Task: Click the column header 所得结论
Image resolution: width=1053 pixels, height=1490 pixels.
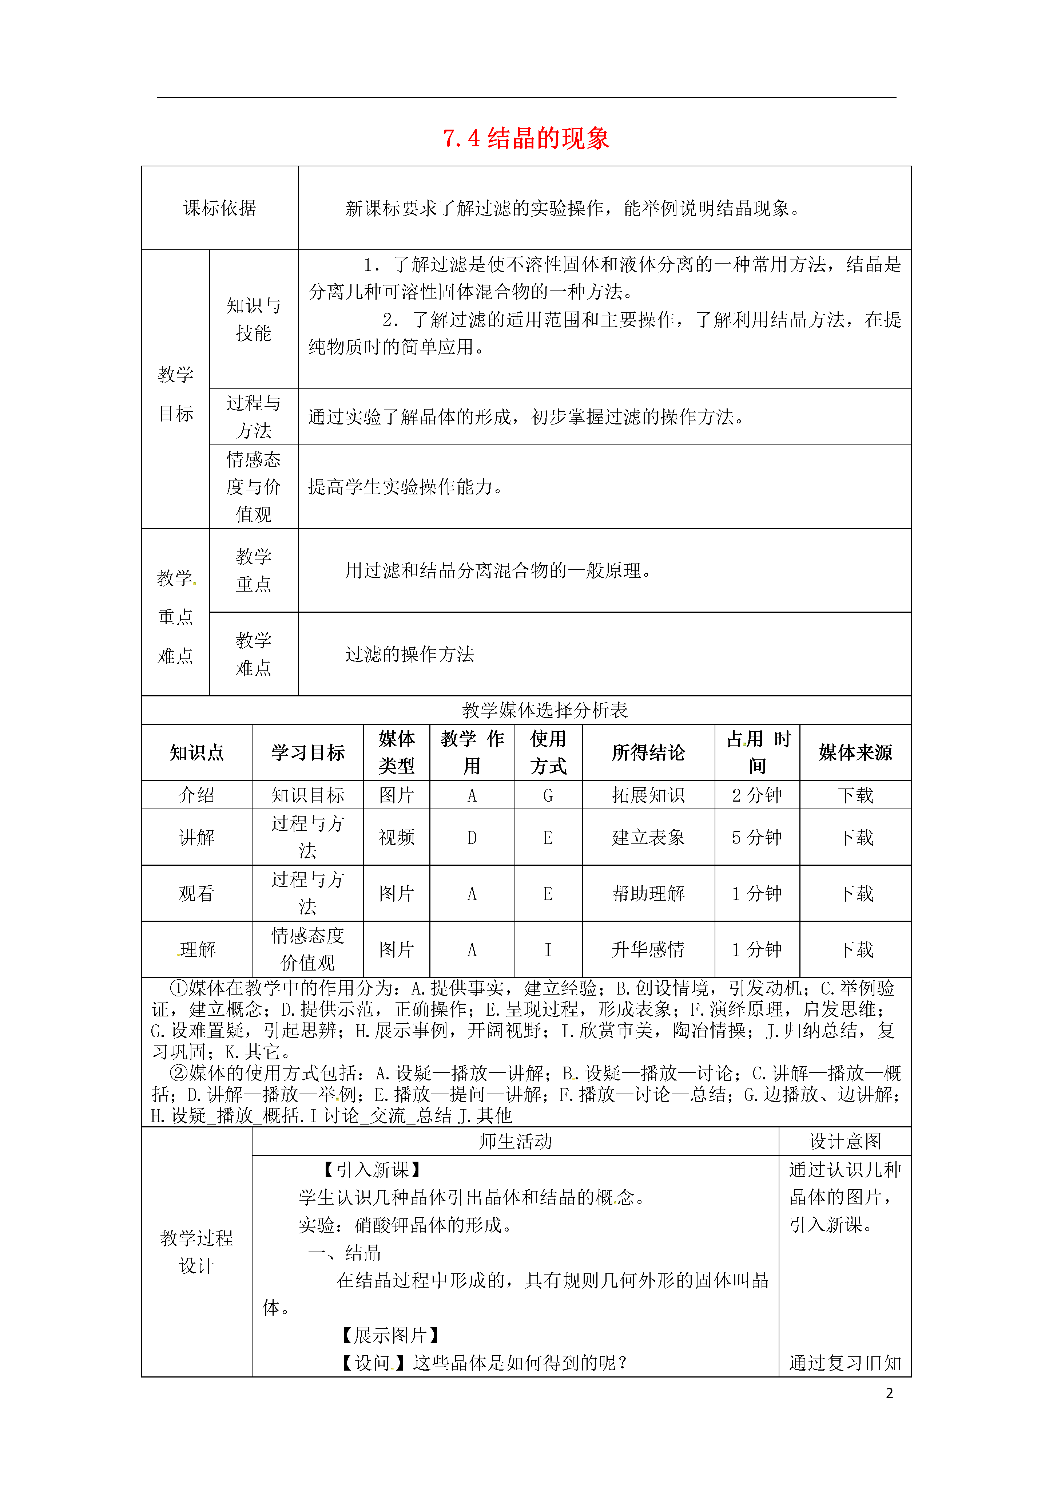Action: (x=648, y=753)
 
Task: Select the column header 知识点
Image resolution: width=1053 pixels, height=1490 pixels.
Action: (x=196, y=753)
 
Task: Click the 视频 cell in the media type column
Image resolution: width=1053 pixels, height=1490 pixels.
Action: (x=396, y=837)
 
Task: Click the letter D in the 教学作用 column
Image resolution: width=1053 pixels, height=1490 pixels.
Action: (x=472, y=838)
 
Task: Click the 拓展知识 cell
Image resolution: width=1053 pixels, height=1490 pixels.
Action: (x=648, y=795)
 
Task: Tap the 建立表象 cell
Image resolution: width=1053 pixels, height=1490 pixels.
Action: (x=648, y=837)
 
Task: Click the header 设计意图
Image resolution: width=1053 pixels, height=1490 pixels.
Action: (x=845, y=1142)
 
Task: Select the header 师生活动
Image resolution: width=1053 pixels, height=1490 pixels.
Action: (x=515, y=1142)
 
